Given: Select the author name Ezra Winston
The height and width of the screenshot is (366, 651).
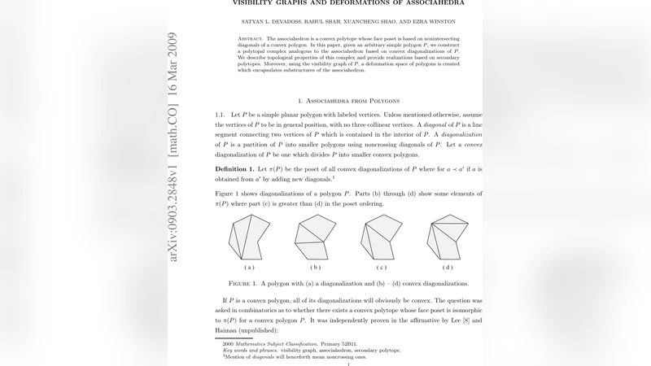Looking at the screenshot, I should [417, 20].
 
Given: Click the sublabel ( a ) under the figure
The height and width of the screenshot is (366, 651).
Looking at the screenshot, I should [248, 267].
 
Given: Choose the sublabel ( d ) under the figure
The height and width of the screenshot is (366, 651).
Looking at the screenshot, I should [447, 267].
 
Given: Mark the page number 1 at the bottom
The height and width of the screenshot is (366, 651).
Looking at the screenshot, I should [347, 364].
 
